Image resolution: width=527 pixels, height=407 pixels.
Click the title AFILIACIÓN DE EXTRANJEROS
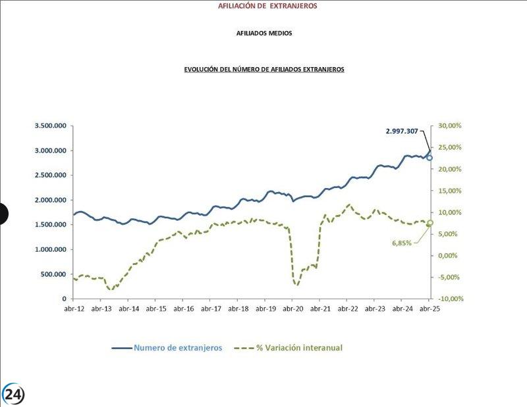pos(267,6)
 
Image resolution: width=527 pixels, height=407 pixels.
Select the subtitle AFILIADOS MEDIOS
pos(263,33)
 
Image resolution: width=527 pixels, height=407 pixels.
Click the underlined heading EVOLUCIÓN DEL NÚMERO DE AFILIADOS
pos(263,68)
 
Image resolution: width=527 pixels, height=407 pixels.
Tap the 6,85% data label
pos(402,243)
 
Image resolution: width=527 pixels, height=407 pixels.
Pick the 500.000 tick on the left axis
pos(55,274)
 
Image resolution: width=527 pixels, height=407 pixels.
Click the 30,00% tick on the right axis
pos(451,126)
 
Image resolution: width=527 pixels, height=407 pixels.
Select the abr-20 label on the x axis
pos(292,308)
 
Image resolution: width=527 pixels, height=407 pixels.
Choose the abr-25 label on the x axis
pos(430,308)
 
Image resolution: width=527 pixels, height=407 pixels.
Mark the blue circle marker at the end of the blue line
pos(430,158)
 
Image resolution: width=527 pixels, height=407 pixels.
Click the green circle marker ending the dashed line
pos(430,224)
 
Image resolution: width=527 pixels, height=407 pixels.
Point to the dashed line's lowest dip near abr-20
pos(296,285)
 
